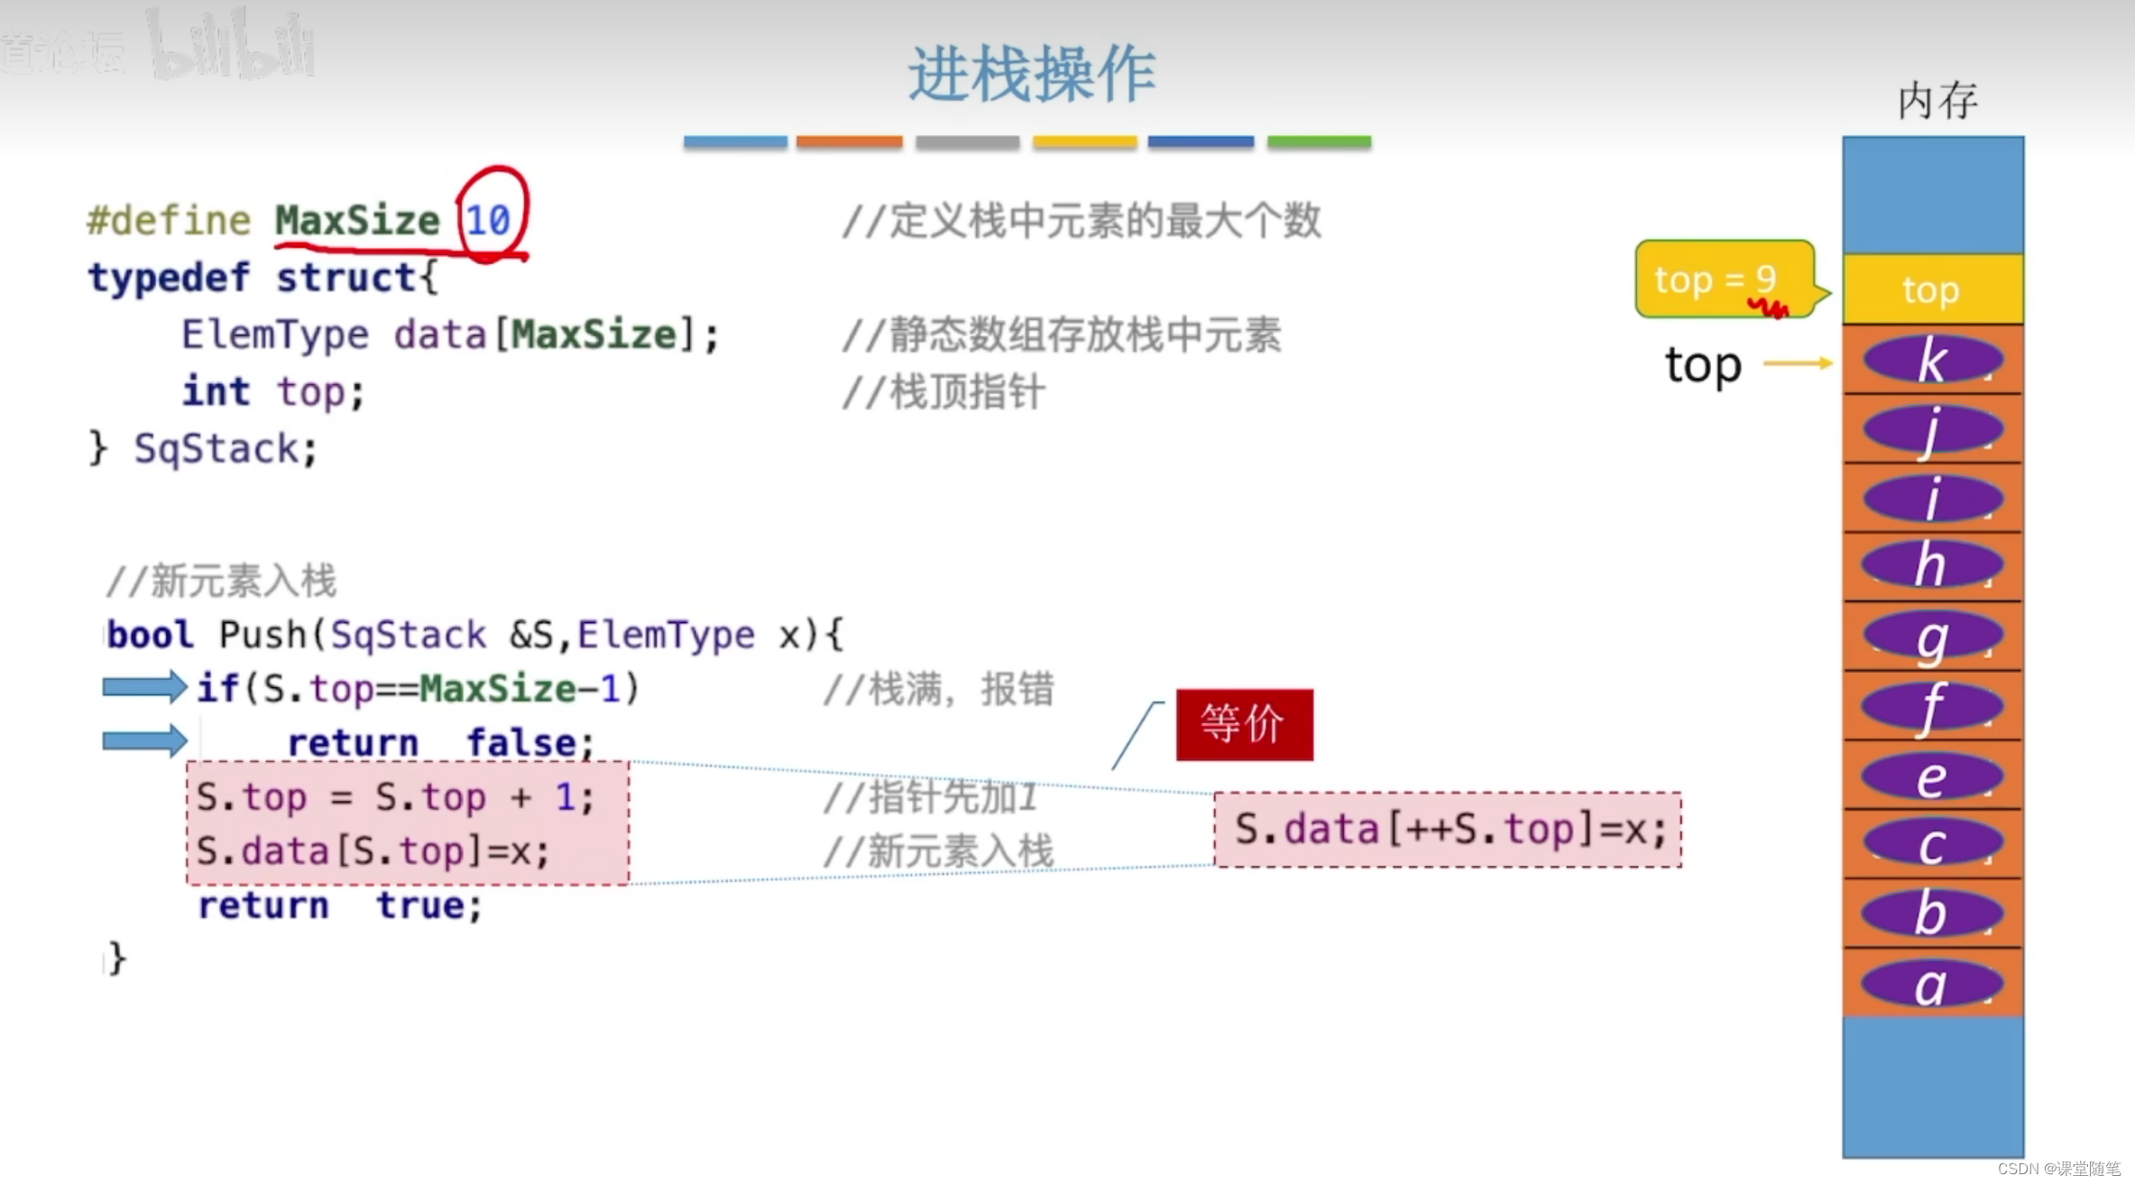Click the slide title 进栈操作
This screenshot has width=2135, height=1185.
pyautogui.click(x=1031, y=74)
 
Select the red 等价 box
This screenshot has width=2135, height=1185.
pyautogui.click(x=1244, y=724)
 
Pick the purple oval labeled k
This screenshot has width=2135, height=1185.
pyautogui.click(x=1932, y=361)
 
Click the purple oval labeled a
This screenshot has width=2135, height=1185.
pyautogui.click(x=1930, y=984)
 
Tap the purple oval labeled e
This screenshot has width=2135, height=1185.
pyautogui.click(x=1930, y=777)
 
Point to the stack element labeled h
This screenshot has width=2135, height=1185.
pyautogui.click(x=1932, y=566)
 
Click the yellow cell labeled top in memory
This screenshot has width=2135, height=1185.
pyautogui.click(x=1932, y=289)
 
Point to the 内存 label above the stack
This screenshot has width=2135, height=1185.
pyautogui.click(x=1937, y=100)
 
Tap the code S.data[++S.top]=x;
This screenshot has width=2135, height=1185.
pyautogui.click(x=1449, y=830)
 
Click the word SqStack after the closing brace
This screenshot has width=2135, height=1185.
pyautogui.click(x=216, y=449)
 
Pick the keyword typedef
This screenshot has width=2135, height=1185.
pyautogui.click(x=170, y=278)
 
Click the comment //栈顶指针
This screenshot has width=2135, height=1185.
pyautogui.click(x=943, y=392)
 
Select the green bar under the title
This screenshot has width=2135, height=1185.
pyautogui.click(x=1319, y=142)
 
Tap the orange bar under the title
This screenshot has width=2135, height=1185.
pyautogui.click(x=849, y=142)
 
